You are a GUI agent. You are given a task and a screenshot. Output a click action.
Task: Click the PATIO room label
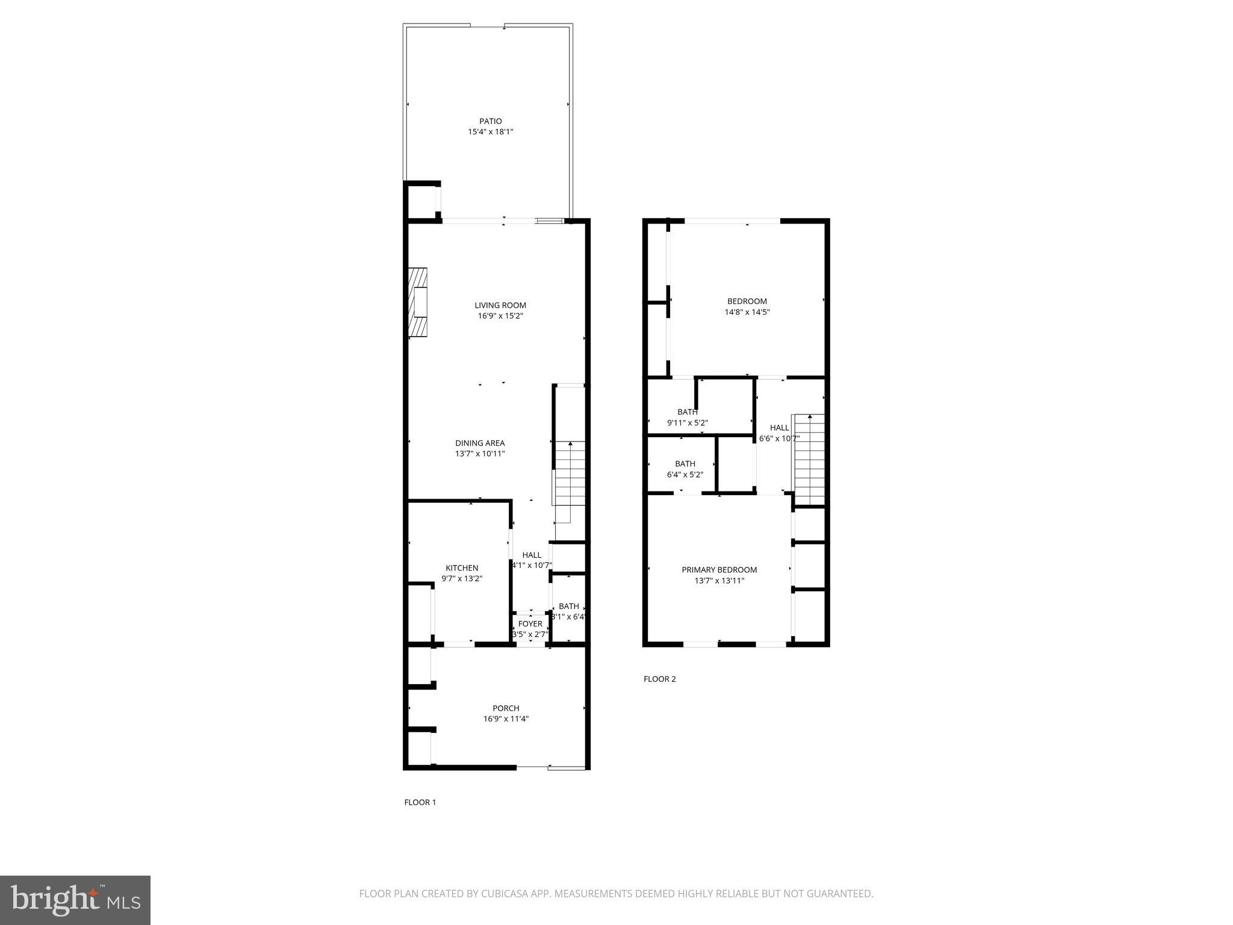coord(490,121)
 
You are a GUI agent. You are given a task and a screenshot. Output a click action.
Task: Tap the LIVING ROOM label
coord(500,305)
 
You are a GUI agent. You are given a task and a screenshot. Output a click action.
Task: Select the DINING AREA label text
coord(479,443)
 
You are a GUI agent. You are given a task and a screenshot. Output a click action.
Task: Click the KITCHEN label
coord(462,568)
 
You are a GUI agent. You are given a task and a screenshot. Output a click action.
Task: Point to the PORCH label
coord(506,708)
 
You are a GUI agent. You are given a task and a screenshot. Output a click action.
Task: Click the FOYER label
coord(530,624)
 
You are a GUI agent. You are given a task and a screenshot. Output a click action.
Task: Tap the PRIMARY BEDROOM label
coord(719,570)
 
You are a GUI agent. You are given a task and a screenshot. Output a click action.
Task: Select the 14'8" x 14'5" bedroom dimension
coord(747,312)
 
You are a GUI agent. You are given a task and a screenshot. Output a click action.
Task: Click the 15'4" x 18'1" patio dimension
coord(490,131)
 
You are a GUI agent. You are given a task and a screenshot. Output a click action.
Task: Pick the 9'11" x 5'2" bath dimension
coord(687,423)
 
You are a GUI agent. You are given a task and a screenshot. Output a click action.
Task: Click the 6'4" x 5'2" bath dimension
coord(685,475)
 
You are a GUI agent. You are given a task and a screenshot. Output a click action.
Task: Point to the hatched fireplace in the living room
coord(418,302)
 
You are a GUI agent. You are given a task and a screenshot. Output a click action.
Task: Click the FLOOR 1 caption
coord(420,802)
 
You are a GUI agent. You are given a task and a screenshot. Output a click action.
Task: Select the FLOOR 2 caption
coord(659,679)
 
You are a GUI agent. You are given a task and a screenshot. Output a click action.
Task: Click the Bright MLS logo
coord(75,900)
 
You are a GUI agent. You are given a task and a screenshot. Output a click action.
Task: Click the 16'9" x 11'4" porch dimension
coord(506,718)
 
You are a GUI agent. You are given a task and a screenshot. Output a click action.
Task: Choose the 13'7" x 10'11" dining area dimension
coord(479,453)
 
